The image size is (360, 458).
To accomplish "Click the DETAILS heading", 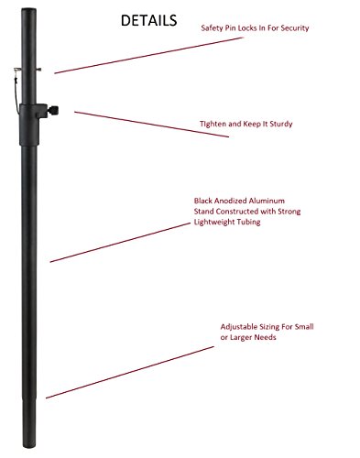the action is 148,20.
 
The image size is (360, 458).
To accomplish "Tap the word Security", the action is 295,28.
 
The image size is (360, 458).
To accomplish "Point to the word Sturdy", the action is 281,124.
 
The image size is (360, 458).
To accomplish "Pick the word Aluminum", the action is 267,201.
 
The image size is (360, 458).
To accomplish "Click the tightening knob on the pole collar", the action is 52,110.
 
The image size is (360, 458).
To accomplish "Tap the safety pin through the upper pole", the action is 27,70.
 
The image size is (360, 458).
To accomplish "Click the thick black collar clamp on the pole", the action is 29,125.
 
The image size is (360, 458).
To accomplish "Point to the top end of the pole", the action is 29,9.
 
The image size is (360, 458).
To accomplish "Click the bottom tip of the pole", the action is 29,447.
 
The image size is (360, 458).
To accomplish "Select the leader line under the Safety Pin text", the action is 149,55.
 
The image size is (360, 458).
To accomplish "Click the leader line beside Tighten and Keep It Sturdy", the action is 151,125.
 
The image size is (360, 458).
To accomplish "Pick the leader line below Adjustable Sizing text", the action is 130,372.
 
